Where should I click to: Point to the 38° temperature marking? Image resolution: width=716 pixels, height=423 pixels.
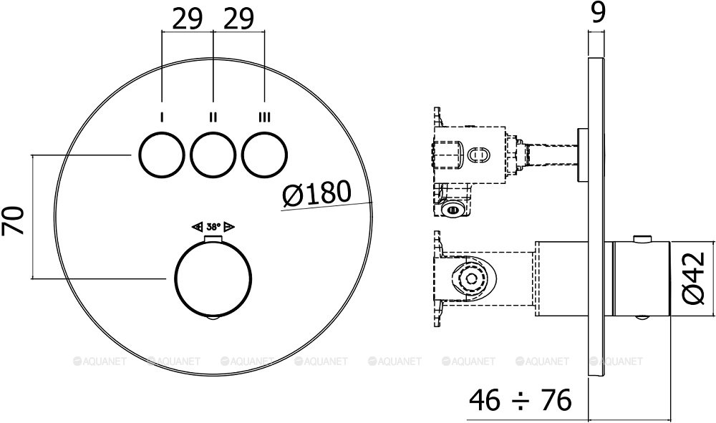coord(213,227)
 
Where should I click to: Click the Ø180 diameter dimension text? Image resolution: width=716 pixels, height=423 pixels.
coord(316,193)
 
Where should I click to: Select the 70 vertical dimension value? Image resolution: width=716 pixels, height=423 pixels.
coord(15,219)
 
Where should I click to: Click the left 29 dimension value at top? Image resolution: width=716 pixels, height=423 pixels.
coord(188,19)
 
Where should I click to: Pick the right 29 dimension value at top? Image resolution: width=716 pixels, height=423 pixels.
coord(239,19)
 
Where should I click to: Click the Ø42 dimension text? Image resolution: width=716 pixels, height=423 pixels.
coord(694,278)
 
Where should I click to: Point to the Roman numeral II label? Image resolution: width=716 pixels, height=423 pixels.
coord(213,117)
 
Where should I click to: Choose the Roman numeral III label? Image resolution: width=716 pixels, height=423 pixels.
coord(265,117)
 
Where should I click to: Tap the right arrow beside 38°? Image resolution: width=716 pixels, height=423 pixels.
coord(229,227)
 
